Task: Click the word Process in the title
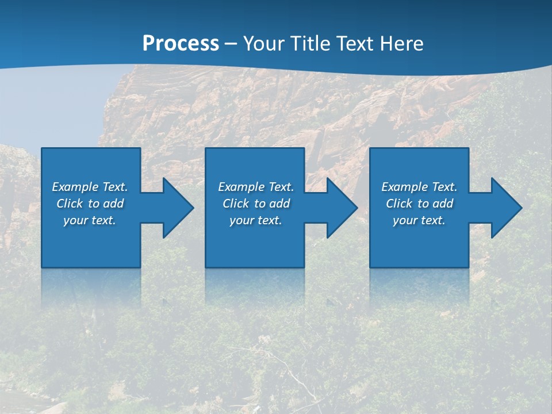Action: [x=181, y=44]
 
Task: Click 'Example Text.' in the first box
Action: [x=90, y=187]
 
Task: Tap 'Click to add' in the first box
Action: [x=90, y=204]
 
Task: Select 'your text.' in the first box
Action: [x=90, y=220]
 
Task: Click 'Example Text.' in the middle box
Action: [x=256, y=187]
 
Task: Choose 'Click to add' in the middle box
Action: [x=256, y=204]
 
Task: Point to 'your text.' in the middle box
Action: [x=256, y=220]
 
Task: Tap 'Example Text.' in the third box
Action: [x=419, y=187]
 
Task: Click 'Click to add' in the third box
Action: [x=419, y=204]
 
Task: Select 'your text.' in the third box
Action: [x=419, y=220]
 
